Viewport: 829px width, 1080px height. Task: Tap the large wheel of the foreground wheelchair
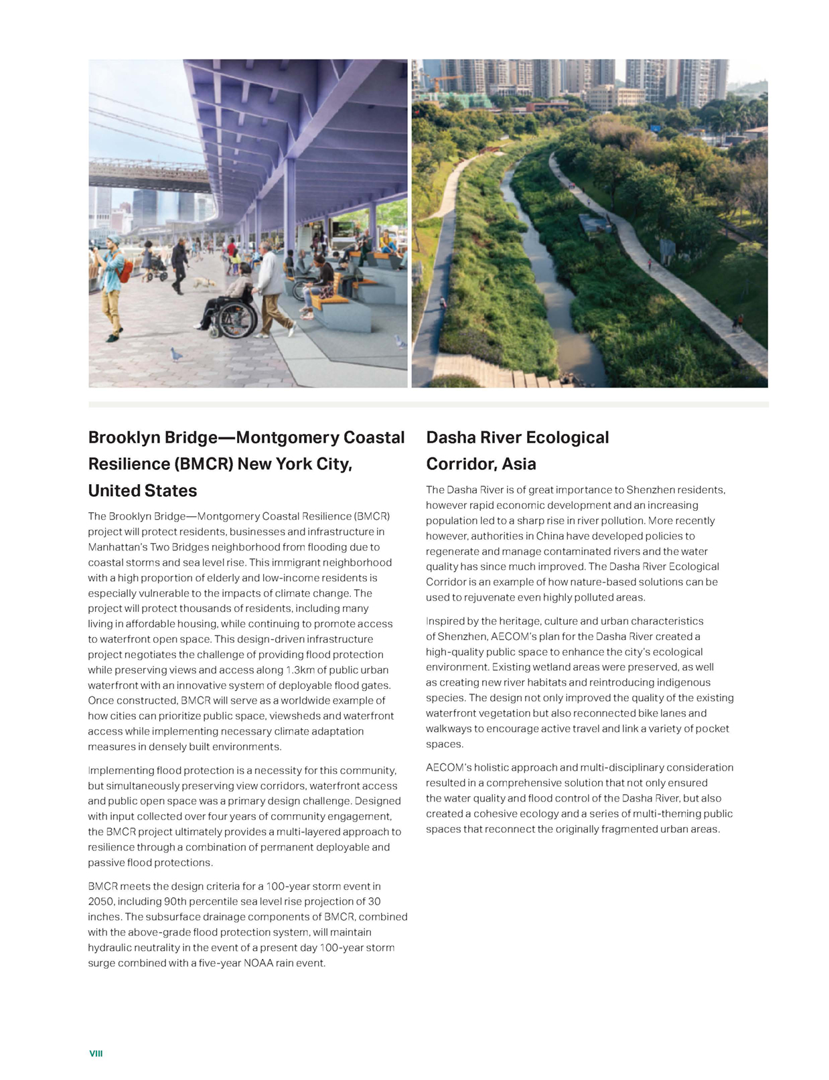tap(235, 320)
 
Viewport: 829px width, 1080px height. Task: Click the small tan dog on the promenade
tap(200, 283)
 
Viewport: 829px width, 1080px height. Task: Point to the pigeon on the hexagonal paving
tap(175, 354)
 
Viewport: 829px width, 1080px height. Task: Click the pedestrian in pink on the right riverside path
tap(648, 264)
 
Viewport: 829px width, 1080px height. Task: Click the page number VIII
tap(96, 1053)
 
